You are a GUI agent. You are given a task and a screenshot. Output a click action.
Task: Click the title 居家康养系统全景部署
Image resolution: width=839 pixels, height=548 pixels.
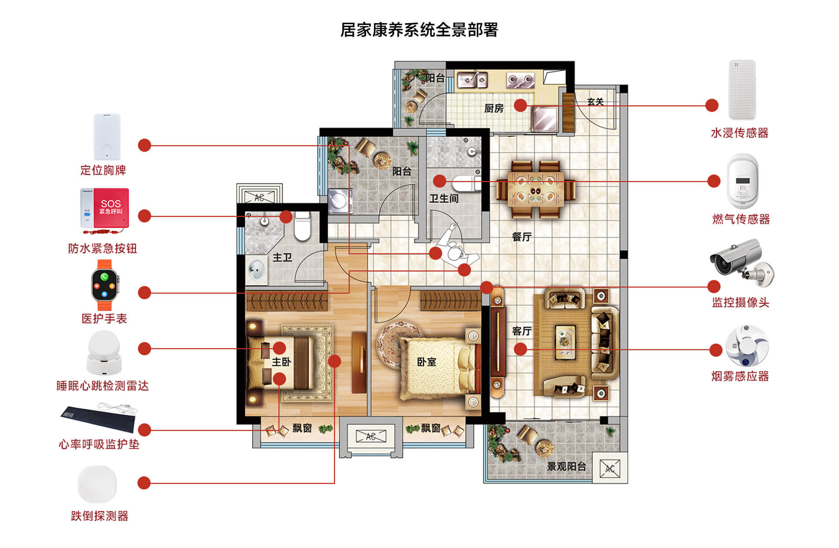[419, 30]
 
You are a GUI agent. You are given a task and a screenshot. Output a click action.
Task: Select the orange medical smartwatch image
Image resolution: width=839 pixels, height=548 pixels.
[104, 285]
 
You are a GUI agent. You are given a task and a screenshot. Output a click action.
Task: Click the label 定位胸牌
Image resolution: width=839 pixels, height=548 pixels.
[103, 170]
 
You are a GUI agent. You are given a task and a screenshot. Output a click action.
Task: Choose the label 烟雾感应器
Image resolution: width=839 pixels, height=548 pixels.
[740, 376]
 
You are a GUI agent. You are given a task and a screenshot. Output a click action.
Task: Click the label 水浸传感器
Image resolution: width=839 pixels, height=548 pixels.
[739, 133]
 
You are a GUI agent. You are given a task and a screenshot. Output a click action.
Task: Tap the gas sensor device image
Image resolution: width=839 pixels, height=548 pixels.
[742, 181]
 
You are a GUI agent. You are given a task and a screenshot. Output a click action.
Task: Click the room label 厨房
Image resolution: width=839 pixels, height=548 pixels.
[494, 108]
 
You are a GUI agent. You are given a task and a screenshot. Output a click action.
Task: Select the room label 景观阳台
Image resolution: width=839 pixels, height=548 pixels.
[566, 466]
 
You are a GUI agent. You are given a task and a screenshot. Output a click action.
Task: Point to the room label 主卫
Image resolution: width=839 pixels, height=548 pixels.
[282, 258]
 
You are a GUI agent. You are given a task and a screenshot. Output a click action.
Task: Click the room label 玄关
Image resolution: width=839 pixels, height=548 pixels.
[595, 102]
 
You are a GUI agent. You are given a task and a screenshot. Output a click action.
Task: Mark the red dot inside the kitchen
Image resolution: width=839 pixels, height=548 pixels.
[520, 105]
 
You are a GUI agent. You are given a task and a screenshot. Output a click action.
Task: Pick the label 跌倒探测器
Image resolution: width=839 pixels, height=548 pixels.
[100, 516]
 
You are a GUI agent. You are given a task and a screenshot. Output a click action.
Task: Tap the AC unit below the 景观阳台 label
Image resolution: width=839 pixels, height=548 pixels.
[610, 469]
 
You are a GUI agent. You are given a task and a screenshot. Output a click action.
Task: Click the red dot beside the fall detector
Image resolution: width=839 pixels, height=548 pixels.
[144, 483]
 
